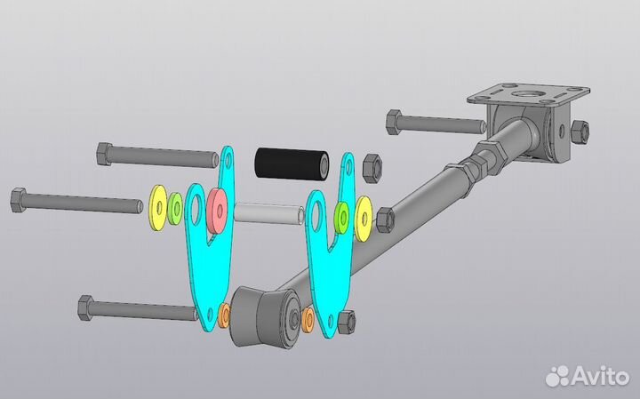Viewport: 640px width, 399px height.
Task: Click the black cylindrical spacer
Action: pos(292,164)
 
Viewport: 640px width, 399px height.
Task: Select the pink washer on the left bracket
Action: pos(217,211)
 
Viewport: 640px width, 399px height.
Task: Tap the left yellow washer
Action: pos(158,208)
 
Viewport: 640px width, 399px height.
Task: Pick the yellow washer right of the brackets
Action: pos(364,219)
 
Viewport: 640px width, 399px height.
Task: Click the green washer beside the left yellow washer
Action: pos(175,209)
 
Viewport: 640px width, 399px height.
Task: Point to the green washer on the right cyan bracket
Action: pos(341,218)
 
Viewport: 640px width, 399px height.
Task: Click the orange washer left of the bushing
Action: pos(224,315)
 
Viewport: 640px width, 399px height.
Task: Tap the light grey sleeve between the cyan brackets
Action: pos(269,213)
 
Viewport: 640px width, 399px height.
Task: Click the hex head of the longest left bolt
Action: pos(19,200)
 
